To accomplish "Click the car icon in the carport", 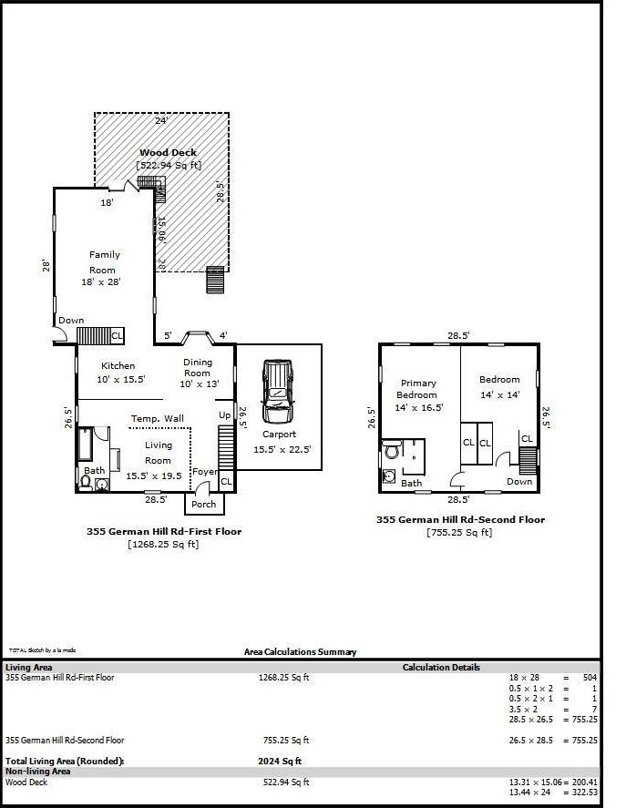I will click(x=278, y=391).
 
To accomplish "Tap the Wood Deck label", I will click(x=168, y=153).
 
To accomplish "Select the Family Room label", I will click(x=104, y=262).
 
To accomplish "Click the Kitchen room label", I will click(x=118, y=365).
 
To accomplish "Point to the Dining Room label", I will click(x=197, y=367).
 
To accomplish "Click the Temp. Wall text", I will click(x=157, y=418).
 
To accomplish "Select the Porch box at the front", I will click(x=204, y=504).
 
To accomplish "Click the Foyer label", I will click(x=204, y=472).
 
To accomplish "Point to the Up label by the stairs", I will click(x=224, y=415).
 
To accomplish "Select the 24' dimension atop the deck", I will click(x=161, y=120).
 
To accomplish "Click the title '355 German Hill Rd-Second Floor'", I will click(x=460, y=519).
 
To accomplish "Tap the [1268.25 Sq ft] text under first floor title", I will click(x=164, y=544).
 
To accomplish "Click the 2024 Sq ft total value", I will click(x=280, y=761).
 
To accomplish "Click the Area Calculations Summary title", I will click(x=300, y=651).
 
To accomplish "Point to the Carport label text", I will click(x=279, y=435).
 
